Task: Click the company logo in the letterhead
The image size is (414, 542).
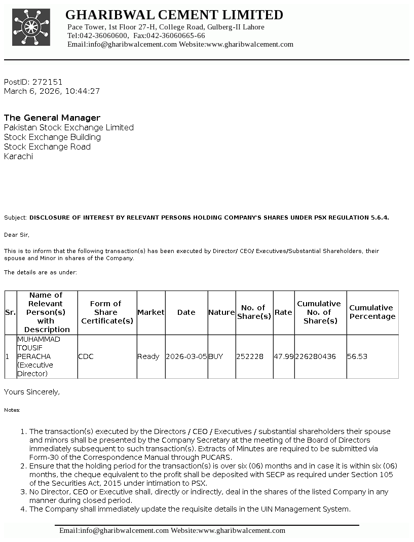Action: [x=31, y=27]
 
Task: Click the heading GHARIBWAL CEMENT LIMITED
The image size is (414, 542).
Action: [x=174, y=15]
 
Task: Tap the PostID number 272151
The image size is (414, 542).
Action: [x=48, y=82]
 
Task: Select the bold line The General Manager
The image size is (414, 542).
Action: [x=52, y=118]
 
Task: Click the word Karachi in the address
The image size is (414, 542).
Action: [x=18, y=156]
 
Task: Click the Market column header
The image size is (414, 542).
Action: [x=151, y=312]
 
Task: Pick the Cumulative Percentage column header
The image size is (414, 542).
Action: [x=372, y=312]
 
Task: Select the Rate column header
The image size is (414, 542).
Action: [x=283, y=312]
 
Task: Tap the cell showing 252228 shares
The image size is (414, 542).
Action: [x=250, y=356]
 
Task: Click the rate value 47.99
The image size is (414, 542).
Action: [x=284, y=356]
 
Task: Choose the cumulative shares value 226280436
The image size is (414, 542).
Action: [x=316, y=356]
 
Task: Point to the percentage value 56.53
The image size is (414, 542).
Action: [x=357, y=356]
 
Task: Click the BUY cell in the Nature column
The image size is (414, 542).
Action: [x=215, y=356]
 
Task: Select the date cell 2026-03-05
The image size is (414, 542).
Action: [x=186, y=356]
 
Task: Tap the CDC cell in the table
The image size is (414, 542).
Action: [x=86, y=356]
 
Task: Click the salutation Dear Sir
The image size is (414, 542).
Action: [x=17, y=235]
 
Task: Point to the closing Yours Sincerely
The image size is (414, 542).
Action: [x=32, y=392]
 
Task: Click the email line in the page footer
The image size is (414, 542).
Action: [x=172, y=530]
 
